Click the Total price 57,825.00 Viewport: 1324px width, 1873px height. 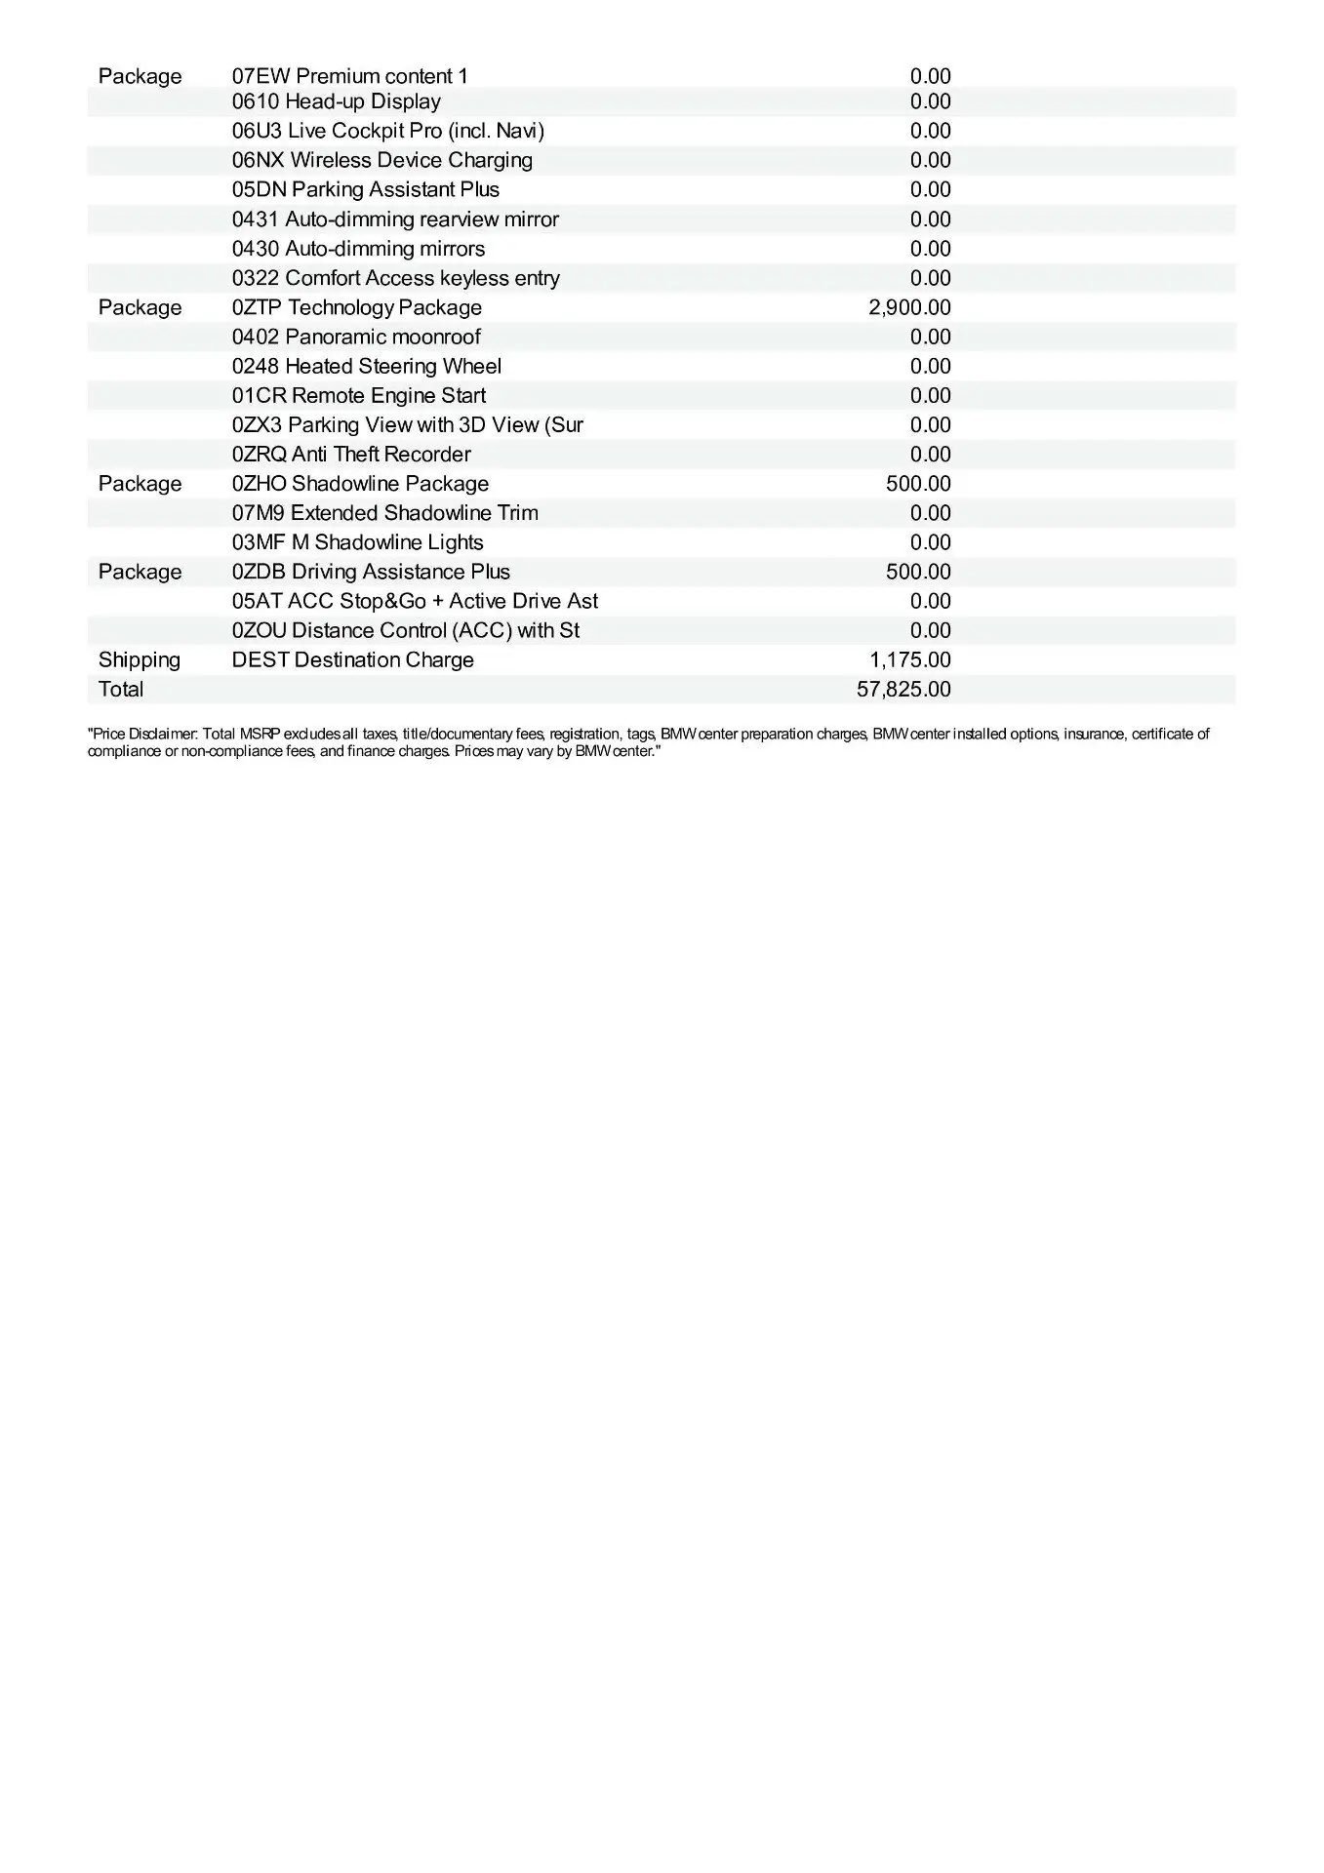click(903, 690)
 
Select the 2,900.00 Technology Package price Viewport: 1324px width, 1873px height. click(908, 308)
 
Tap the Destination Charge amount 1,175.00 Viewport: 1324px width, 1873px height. click(909, 660)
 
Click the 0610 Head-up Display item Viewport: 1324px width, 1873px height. click(336, 102)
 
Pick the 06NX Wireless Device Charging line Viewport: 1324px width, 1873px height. click(381, 161)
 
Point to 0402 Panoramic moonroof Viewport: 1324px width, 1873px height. click(356, 338)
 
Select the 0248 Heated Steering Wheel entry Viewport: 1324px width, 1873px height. click(366, 367)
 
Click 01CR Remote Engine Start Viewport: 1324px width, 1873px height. click(358, 396)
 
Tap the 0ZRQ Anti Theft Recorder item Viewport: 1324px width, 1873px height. click(351, 455)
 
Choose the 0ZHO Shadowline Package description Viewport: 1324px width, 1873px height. click(360, 484)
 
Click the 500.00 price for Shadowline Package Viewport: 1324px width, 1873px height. click(917, 484)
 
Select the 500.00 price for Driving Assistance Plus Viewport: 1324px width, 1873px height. click(917, 572)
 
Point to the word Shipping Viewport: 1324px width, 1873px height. click(140, 660)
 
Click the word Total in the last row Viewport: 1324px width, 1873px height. click(121, 690)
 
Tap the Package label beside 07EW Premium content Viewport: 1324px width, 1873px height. click(140, 77)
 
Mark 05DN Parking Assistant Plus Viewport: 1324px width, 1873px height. click(365, 190)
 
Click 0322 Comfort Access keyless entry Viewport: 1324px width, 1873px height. click(395, 279)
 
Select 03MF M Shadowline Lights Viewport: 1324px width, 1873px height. click(357, 542)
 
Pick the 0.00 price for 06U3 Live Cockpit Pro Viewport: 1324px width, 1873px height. click(930, 132)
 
